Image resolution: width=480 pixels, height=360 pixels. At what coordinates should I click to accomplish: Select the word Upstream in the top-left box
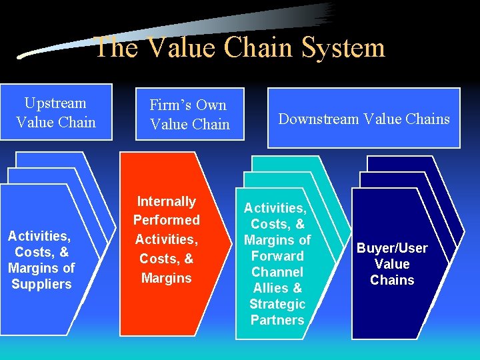coord(55,103)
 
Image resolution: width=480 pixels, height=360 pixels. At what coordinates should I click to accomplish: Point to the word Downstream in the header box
coord(316,119)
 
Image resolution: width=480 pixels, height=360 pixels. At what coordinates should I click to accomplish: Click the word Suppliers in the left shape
coord(41,284)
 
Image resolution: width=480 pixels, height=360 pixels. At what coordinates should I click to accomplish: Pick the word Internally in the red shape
coord(167,201)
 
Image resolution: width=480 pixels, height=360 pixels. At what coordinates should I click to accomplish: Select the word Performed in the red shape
coord(167,220)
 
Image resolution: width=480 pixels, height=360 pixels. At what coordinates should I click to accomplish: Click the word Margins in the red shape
coord(167,277)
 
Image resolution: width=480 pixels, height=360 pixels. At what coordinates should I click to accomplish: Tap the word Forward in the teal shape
coord(277,256)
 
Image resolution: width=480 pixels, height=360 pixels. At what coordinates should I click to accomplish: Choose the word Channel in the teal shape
coord(277,272)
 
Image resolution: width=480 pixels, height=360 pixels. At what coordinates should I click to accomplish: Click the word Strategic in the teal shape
coord(277,304)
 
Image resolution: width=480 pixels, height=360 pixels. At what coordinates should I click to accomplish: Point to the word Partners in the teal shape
coord(277,320)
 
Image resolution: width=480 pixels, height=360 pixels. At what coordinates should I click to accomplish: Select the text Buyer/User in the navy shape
coord(392,248)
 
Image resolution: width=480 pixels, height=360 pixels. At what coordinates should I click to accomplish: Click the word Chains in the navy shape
coord(392,280)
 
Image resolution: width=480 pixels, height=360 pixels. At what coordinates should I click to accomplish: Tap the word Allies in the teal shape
coord(270,288)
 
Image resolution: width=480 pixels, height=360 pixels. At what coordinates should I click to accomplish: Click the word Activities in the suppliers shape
coord(39,236)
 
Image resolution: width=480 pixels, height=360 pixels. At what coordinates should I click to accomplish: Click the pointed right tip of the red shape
coord(219,243)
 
